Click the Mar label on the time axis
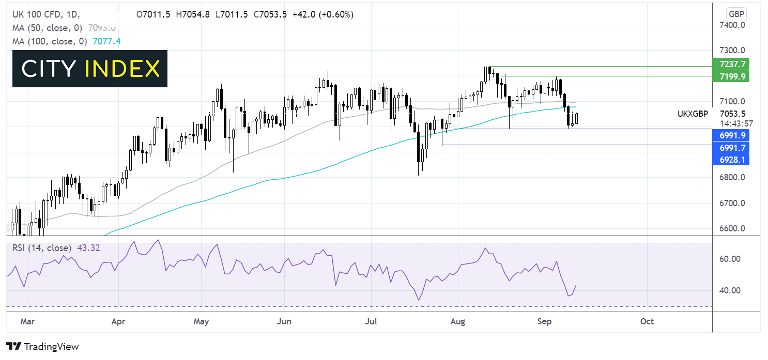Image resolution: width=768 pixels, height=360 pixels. [27, 321]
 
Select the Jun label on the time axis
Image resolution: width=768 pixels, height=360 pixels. [284, 321]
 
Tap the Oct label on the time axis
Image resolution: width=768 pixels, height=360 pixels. [647, 321]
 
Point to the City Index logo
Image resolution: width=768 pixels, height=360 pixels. [90, 69]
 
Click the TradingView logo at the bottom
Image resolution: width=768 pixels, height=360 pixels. [42, 347]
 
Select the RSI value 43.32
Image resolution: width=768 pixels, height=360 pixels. [89, 248]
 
